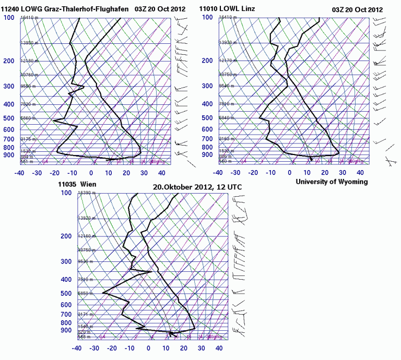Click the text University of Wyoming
coord(332,182)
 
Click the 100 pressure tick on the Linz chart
coord(208,18)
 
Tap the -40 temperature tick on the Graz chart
coord(20,173)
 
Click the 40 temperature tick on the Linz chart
coord(361,173)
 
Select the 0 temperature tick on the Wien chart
coord(150,348)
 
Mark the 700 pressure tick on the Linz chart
coord(208,139)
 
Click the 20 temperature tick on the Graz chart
coord(127,173)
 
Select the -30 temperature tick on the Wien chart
coord(95,348)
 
